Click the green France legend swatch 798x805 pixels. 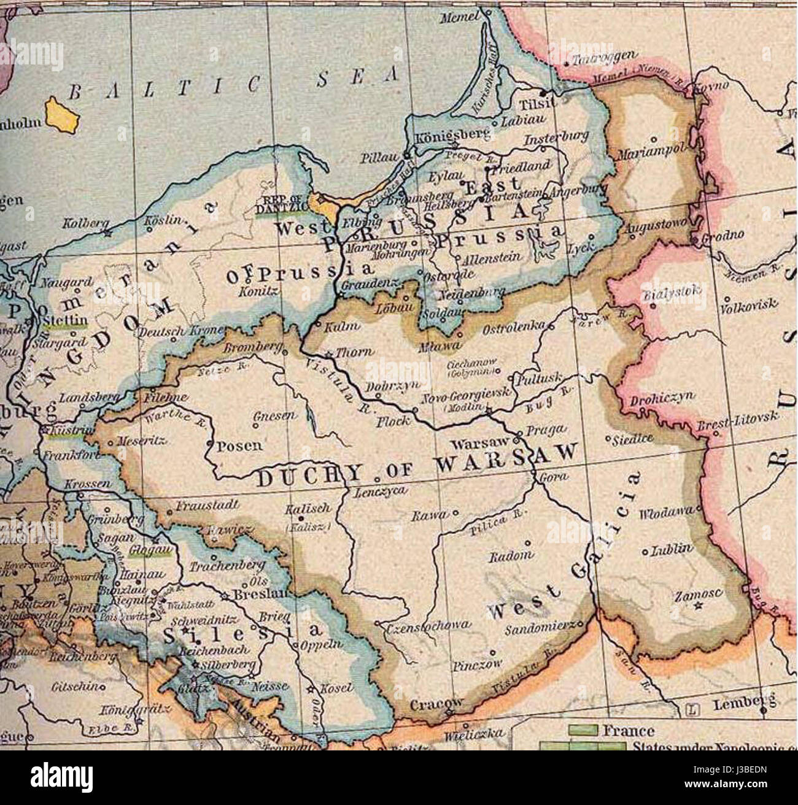click(583, 730)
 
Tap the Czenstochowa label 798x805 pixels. click(428, 625)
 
